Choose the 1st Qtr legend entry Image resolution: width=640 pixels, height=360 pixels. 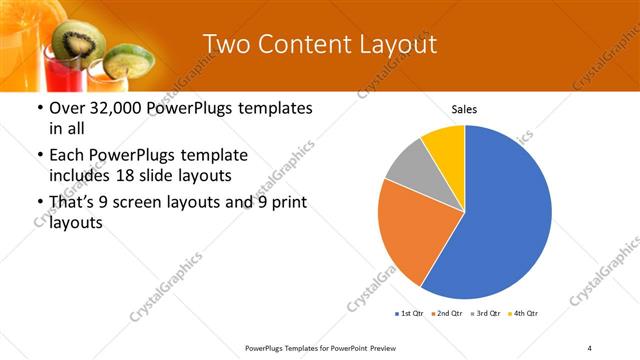(409, 314)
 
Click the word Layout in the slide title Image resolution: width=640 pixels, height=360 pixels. (395, 43)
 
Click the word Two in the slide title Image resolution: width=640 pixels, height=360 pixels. (226, 43)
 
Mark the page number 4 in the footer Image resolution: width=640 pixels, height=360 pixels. (590, 347)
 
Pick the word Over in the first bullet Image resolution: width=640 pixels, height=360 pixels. (66, 108)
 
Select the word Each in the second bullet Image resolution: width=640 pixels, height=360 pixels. (66, 155)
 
